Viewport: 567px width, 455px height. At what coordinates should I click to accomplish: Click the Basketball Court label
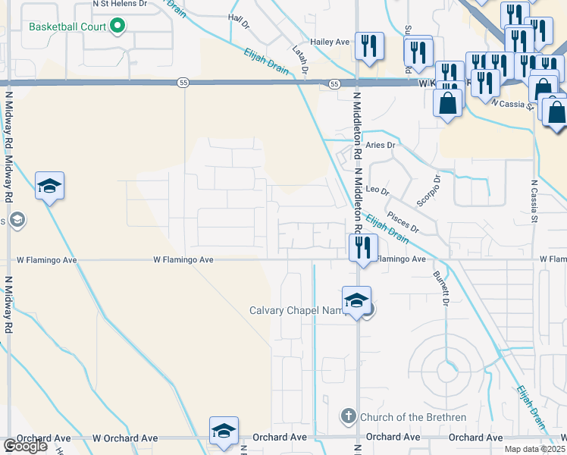(67, 27)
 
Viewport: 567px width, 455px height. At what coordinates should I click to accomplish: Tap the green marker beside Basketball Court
(117, 27)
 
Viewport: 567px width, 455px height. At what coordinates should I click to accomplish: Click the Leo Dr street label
(377, 191)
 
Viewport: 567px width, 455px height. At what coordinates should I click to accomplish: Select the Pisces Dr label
(403, 221)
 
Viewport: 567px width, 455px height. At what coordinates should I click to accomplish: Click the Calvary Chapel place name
(296, 310)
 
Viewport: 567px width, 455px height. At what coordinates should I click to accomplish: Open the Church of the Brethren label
(402, 416)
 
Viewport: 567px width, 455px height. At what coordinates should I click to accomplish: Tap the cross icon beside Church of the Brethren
(348, 416)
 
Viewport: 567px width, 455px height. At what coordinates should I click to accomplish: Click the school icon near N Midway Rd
(49, 186)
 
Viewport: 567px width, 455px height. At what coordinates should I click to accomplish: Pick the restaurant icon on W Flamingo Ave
(363, 247)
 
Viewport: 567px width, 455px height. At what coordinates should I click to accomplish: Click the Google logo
(25, 446)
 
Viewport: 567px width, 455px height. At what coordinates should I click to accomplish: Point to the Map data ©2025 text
(534, 449)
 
